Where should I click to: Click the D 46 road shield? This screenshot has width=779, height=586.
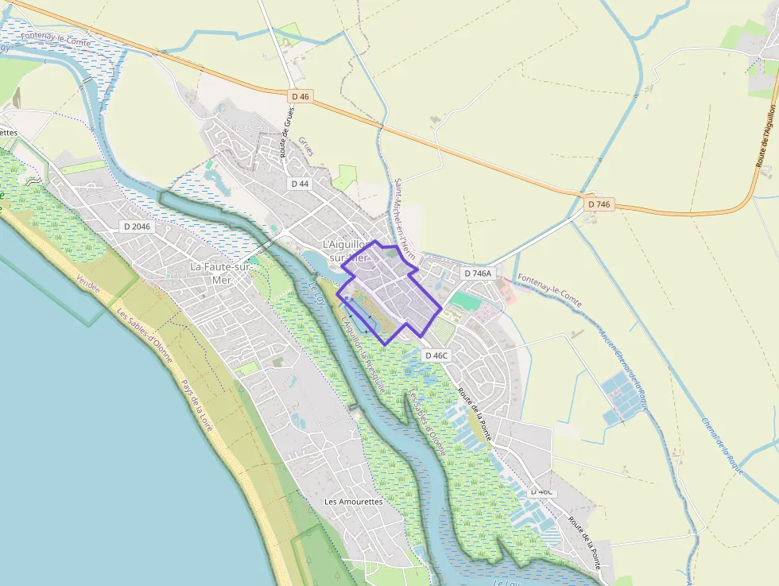(x=300, y=96)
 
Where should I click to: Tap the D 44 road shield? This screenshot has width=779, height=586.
(x=300, y=184)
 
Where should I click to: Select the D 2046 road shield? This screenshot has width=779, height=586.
(x=137, y=227)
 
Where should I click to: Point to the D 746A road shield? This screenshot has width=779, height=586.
(x=478, y=274)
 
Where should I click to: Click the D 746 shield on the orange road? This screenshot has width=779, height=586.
(x=599, y=204)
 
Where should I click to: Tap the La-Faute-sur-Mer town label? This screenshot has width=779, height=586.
(x=221, y=273)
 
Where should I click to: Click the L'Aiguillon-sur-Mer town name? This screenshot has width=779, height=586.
(x=347, y=250)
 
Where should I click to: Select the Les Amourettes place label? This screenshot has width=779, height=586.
(x=354, y=502)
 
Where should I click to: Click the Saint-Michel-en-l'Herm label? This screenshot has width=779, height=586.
(x=405, y=219)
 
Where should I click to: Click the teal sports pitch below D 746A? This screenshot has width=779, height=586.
(x=467, y=301)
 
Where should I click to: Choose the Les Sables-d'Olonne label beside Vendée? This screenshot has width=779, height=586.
(x=145, y=335)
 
